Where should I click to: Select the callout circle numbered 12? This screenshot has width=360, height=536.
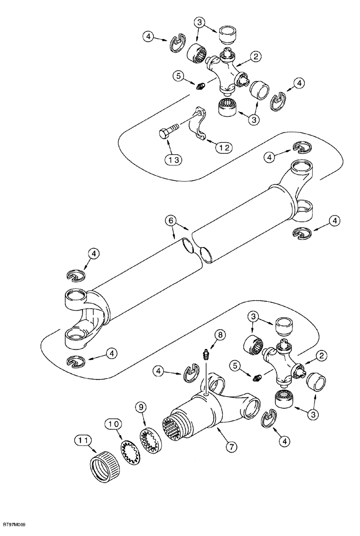(x=224, y=146)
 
